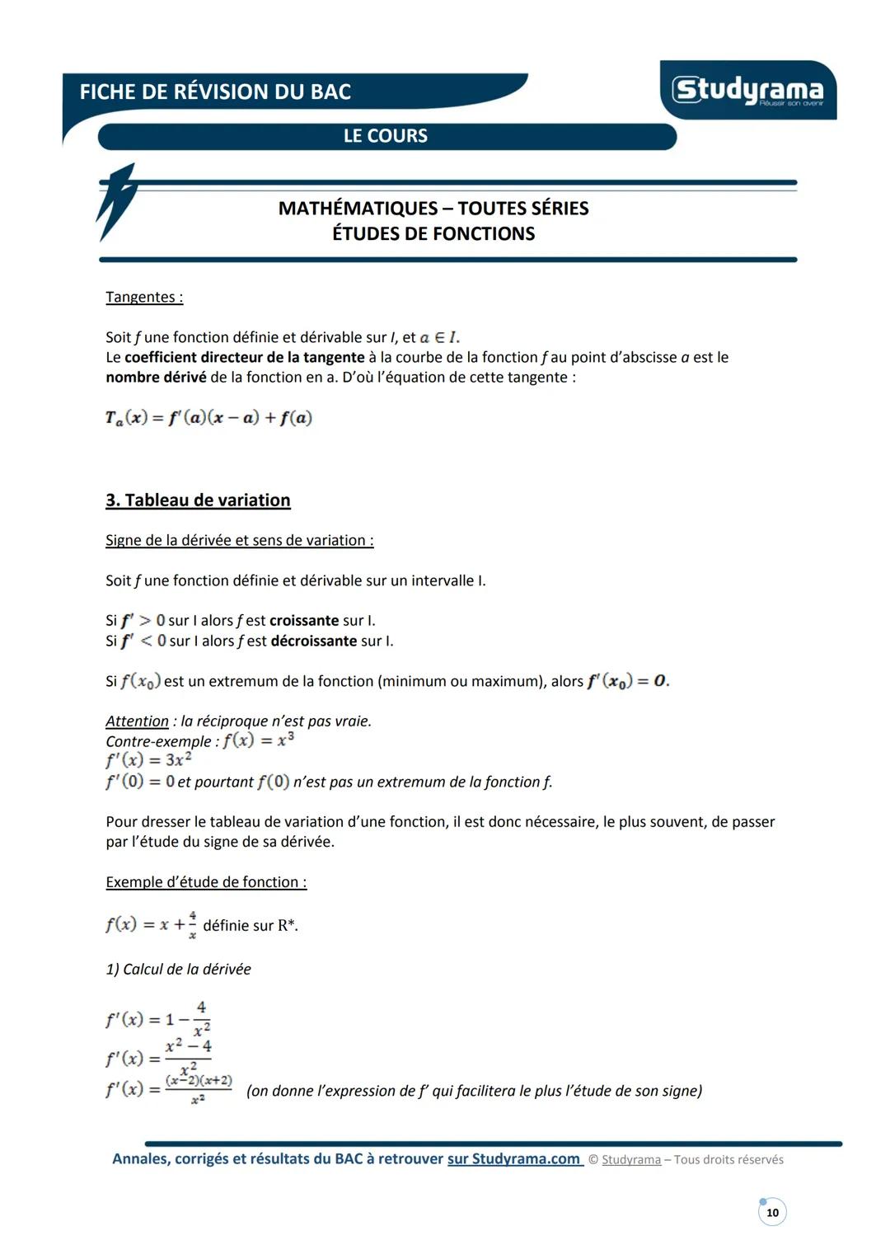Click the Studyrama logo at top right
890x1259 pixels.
pyautogui.click(x=747, y=90)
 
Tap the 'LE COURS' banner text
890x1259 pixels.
pyautogui.click(x=386, y=136)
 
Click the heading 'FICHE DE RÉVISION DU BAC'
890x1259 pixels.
pyautogui.click(x=215, y=92)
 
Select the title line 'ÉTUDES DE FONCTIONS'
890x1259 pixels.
pyautogui.click(x=433, y=234)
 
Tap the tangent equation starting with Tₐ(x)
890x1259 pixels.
pyautogui.click(x=208, y=418)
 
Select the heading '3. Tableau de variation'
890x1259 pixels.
pyautogui.click(x=198, y=500)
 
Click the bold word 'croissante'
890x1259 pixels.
pyautogui.click(x=304, y=621)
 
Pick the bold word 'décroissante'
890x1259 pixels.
pyautogui.click(x=314, y=641)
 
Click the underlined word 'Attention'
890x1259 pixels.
pyautogui.click(x=137, y=721)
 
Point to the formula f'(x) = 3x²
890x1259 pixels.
pyautogui.click(x=148, y=760)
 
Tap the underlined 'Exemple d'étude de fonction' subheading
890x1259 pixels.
pyautogui.click(x=206, y=882)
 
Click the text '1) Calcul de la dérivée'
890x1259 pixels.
pyautogui.click(x=178, y=970)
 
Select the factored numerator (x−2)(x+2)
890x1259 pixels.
pyautogui.click(x=199, y=1080)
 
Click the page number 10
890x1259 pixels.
pyautogui.click(x=772, y=1213)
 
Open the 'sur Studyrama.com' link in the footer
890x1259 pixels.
pyautogui.click(x=514, y=1159)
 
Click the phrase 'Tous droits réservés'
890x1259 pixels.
pyautogui.click(x=728, y=1160)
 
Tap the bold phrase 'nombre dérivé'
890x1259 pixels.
pyautogui.click(x=156, y=378)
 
